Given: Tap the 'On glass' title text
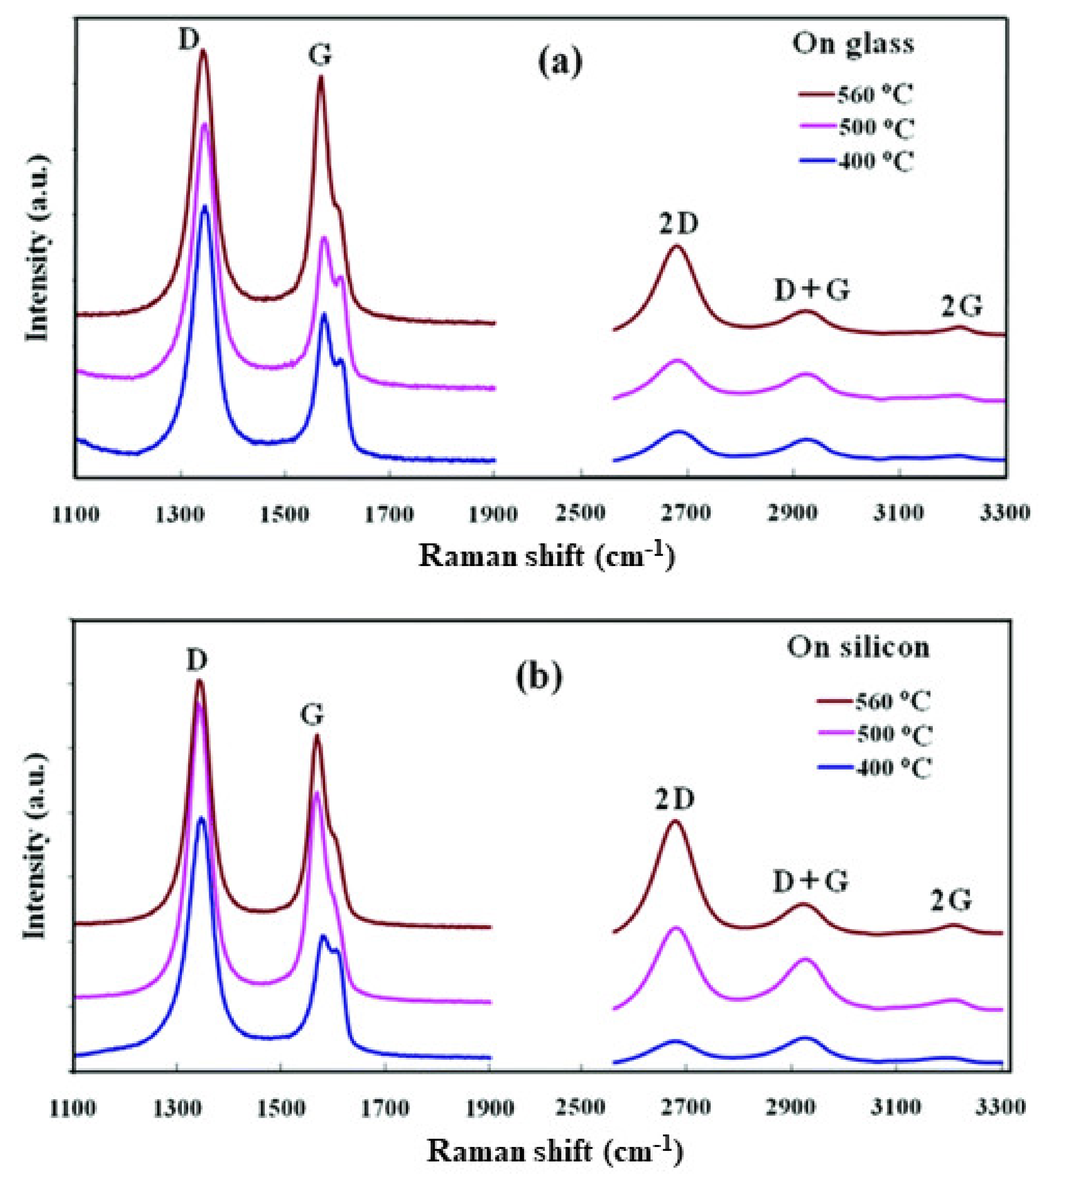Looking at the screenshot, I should click(853, 44).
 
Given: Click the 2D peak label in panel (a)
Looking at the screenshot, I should click(679, 224).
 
